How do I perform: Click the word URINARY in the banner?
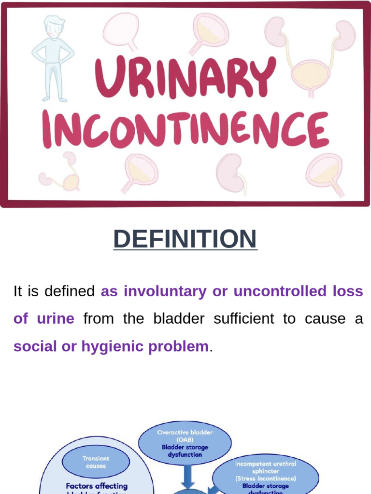tap(185, 77)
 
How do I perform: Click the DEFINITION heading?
tap(185, 239)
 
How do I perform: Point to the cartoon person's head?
tap(54, 27)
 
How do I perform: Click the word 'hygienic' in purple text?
tap(101, 346)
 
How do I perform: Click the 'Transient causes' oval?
tap(96, 462)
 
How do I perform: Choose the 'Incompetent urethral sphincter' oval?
tap(265, 475)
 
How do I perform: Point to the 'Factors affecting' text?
tap(96, 486)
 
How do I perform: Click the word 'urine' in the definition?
tap(57, 319)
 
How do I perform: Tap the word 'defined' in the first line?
tap(70, 291)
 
